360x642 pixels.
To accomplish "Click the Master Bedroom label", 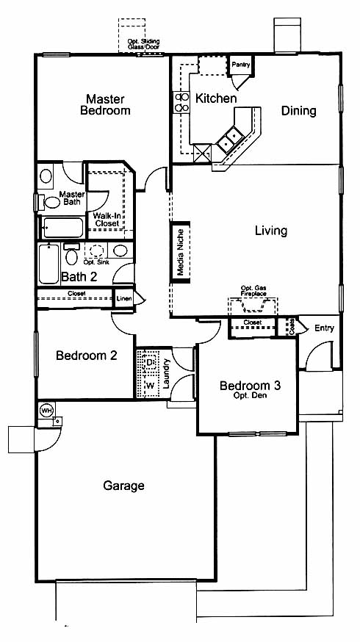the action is click(105, 105).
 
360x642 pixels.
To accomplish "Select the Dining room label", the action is click(298, 111).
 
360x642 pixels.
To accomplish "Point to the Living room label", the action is click(271, 231).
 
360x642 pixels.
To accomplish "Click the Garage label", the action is click(123, 486).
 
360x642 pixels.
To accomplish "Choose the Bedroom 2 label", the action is click(87, 356).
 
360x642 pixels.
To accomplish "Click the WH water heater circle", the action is click(46, 410).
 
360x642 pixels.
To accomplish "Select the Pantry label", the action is click(240, 65).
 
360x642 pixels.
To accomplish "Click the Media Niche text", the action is click(180, 252).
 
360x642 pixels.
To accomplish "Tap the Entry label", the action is click(325, 328).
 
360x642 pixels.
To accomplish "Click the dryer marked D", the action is click(151, 363).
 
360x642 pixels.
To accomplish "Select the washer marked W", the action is click(151, 386).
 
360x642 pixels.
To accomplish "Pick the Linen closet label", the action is click(124, 299).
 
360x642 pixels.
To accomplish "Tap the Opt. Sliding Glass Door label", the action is click(143, 44).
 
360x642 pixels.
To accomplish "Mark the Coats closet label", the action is click(292, 327).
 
